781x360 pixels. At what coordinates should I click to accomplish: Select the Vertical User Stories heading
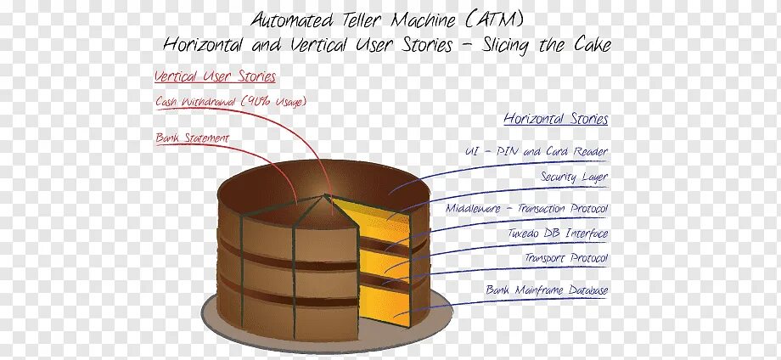tap(215, 76)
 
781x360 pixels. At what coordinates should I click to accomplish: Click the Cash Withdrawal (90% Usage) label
tap(230, 102)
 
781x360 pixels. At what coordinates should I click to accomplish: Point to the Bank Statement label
tap(192, 138)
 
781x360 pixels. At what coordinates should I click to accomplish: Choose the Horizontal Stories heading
tap(555, 120)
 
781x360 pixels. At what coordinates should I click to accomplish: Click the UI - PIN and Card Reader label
tap(536, 152)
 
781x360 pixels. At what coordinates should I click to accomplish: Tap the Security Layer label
tap(574, 177)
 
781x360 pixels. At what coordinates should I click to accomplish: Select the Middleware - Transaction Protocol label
tap(527, 208)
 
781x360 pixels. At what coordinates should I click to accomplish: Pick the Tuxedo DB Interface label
tap(559, 233)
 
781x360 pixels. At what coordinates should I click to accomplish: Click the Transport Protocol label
tap(565, 258)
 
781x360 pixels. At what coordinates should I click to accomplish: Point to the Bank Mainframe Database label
tap(547, 290)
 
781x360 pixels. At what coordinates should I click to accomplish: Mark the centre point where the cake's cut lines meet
tap(325, 196)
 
